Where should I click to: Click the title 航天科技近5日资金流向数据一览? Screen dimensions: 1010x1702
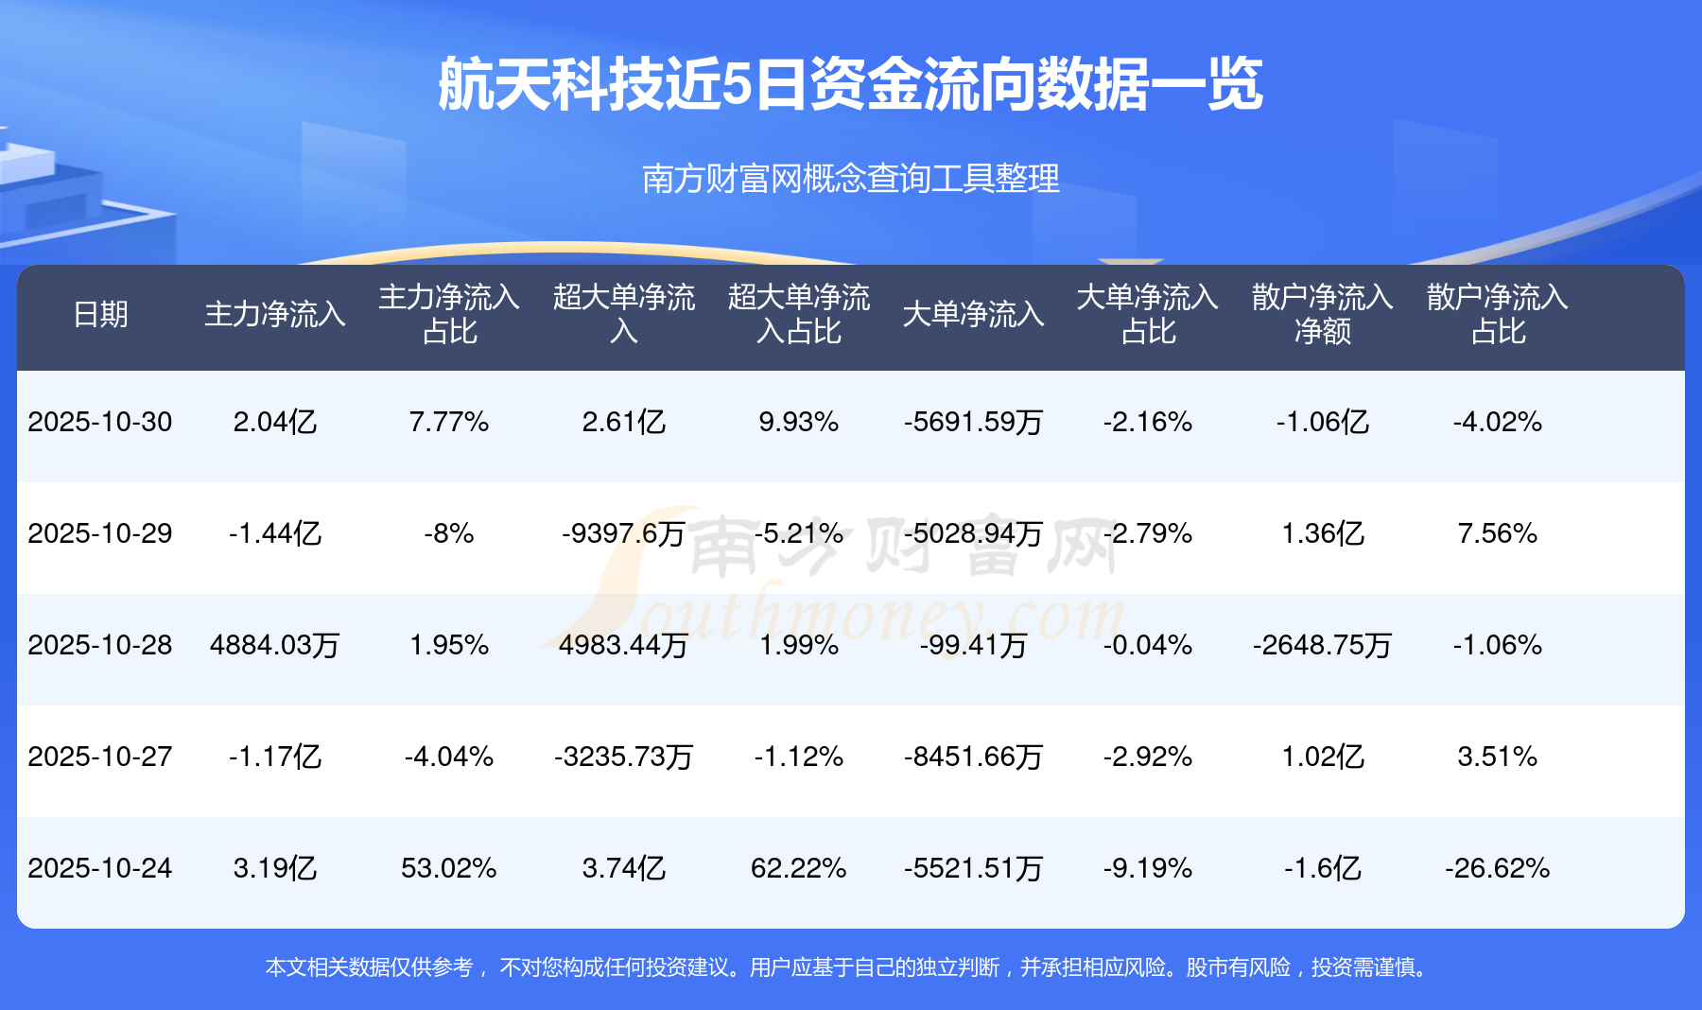tap(850, 84)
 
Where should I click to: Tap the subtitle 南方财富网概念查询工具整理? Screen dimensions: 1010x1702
tap(850, 179)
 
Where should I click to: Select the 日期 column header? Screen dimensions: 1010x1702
tap(100, 314)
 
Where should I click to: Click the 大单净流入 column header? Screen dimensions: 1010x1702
tap(973, 314)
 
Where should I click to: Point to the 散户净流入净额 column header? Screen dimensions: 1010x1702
tap(1322, 314)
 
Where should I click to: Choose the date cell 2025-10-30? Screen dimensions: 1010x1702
tap(100, 422)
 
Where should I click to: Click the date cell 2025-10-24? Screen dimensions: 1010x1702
tap(100, 868)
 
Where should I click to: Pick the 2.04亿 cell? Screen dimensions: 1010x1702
tap(275, 422)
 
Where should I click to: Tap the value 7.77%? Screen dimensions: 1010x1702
tap(449, 422)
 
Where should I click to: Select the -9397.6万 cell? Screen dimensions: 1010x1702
tap(623, 533)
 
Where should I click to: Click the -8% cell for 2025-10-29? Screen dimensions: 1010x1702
tap(449, 533)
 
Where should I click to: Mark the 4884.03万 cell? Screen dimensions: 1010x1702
tap(275, 645)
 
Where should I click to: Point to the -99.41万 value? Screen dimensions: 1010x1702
tap(973, 645)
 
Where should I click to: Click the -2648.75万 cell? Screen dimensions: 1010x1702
tap(1322, 645)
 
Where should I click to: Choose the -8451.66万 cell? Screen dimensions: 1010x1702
tap(973, 757)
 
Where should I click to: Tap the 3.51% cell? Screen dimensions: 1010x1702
tap(1497, 757)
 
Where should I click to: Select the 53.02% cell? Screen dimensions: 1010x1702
tap(449, 868)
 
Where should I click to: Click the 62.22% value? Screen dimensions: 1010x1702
tap(798, 868)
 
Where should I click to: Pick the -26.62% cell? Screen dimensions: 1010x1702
tap(1497, 868)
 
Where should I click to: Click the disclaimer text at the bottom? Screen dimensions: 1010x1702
tap(848, 967)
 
